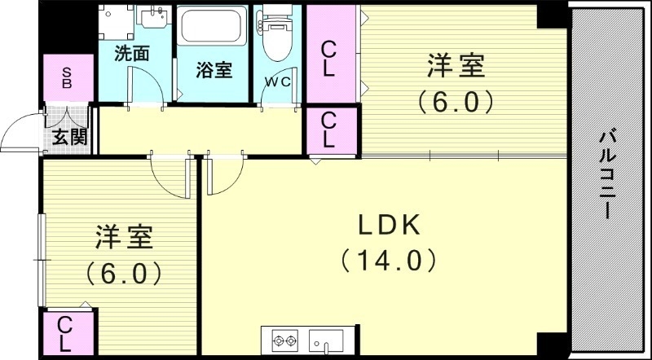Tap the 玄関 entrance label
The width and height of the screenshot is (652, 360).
point(68,137)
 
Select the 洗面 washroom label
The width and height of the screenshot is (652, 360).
point(131,55)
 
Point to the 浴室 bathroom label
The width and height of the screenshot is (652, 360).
point(214,71)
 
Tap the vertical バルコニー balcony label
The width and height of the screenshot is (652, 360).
point(607,175)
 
